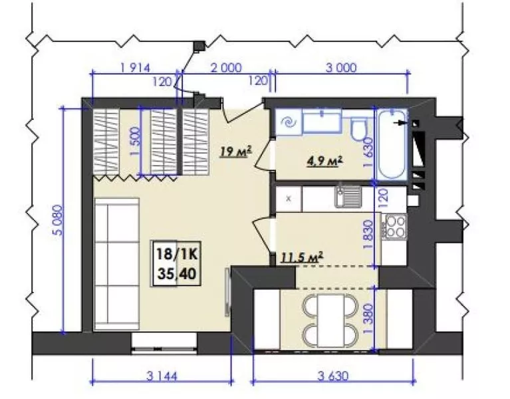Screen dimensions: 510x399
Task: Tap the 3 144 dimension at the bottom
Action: tap(162, 376)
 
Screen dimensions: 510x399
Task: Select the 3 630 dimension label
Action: tap(333, 376)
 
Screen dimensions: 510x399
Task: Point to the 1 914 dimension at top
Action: tap(135, 68)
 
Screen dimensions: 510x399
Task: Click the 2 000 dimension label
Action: tap(226, 68)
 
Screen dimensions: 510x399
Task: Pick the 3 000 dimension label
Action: tap(341, 68)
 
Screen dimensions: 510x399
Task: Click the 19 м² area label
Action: tap(236, 151)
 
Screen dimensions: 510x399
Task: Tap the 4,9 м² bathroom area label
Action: tap(325, 161)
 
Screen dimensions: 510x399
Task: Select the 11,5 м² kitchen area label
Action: tap(301, 257)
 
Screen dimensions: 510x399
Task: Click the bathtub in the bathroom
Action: tap(392, 145)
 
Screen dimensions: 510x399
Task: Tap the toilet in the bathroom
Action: tap(359, 130)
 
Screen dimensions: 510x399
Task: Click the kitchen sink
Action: tap(348, 196)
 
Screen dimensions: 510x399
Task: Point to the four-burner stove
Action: tap(394, 227)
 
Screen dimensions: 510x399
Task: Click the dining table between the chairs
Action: tap(330, 321)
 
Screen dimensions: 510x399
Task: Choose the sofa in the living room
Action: tap(117, 264)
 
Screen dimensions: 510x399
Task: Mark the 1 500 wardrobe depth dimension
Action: tap(136, 141)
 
